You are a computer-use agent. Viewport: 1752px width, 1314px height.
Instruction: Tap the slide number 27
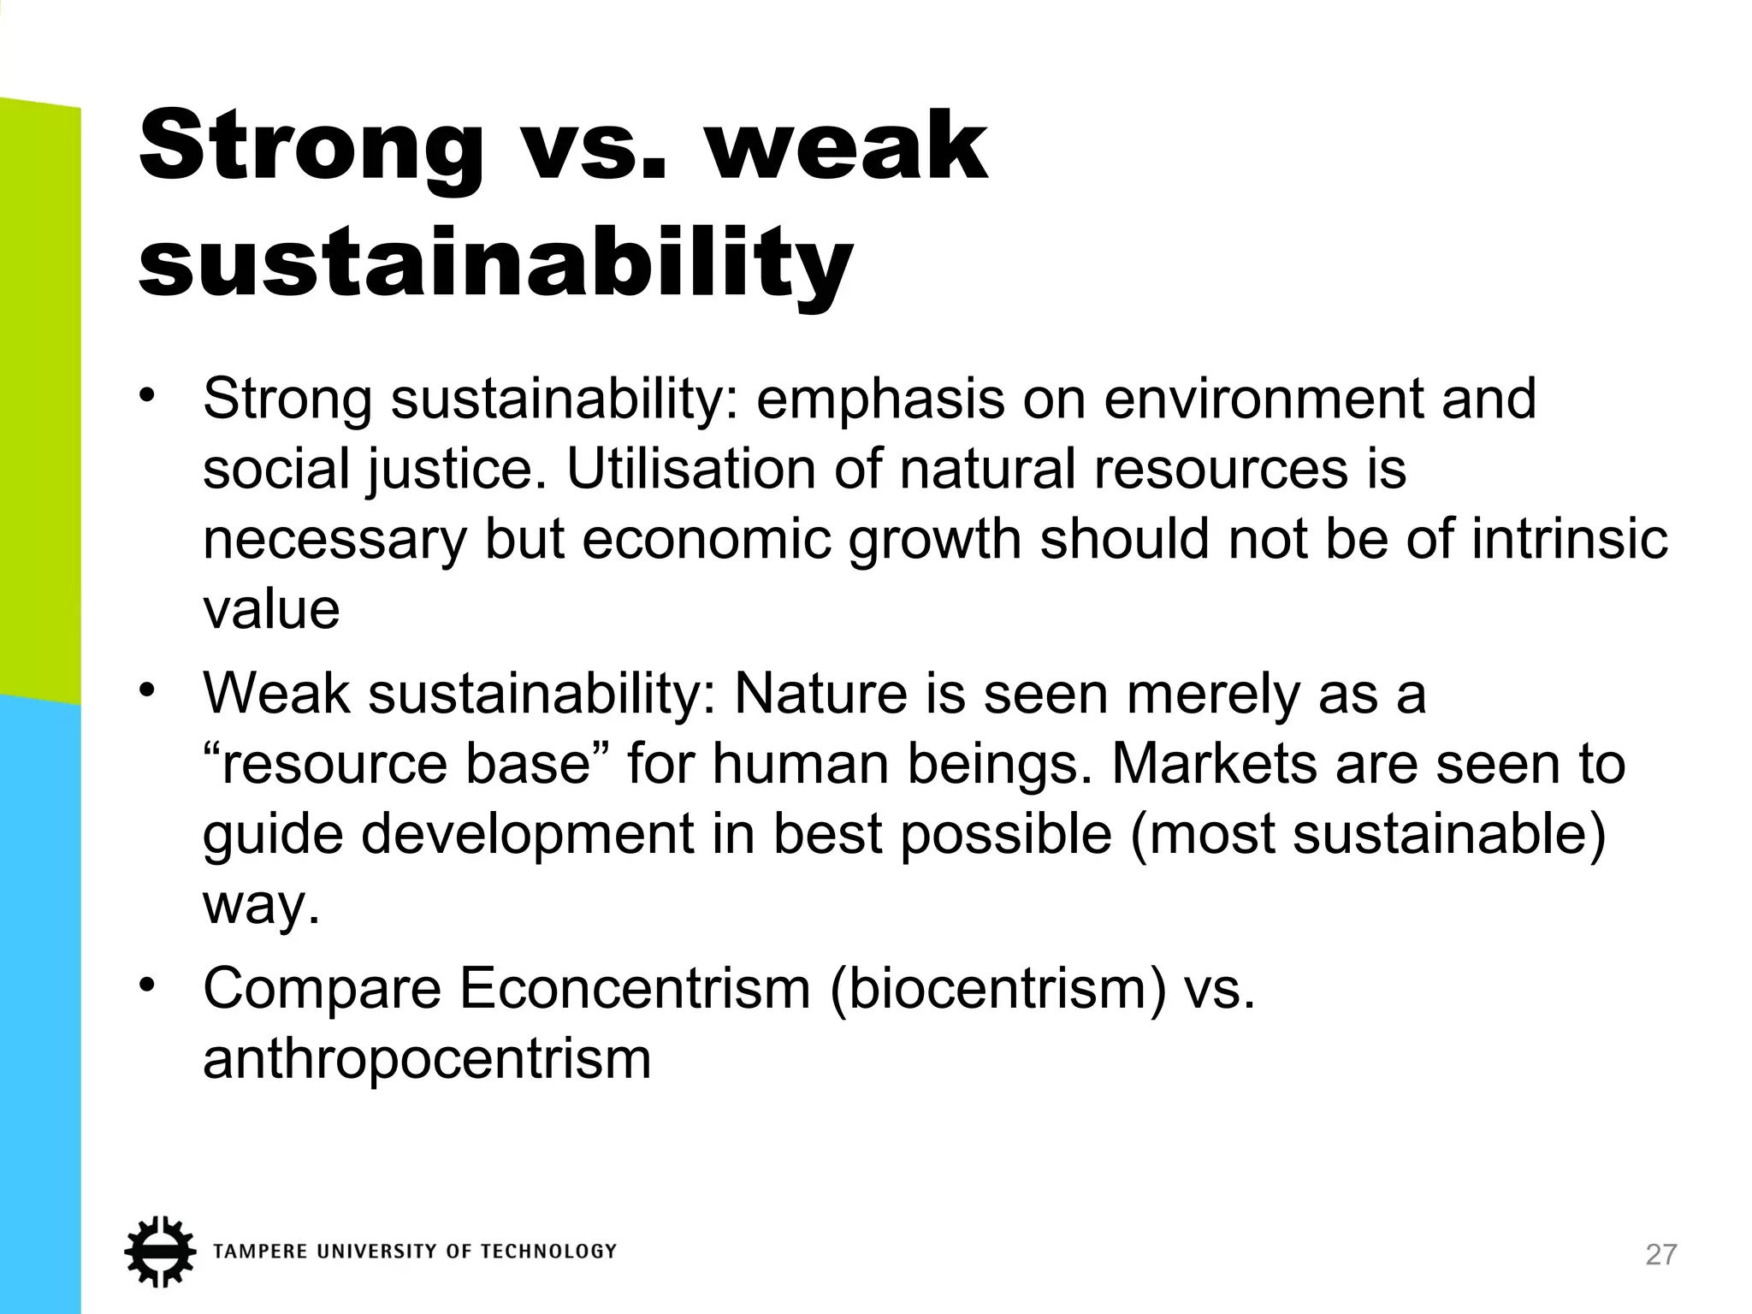1661,1255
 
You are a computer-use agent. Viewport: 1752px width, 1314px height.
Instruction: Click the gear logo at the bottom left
159,1251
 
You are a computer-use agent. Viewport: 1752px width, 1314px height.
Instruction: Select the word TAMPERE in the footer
260,1252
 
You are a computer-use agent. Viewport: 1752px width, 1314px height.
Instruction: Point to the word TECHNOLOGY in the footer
548,1252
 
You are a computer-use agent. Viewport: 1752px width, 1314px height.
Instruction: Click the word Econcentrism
635,989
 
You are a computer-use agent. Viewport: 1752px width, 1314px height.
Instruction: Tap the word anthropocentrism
427,1059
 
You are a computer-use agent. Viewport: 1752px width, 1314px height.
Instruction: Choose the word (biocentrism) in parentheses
997,989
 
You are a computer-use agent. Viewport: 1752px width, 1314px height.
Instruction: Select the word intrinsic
1570,540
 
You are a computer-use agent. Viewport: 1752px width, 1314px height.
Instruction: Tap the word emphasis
880,399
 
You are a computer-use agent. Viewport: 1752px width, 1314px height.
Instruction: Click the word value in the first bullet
271,610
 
